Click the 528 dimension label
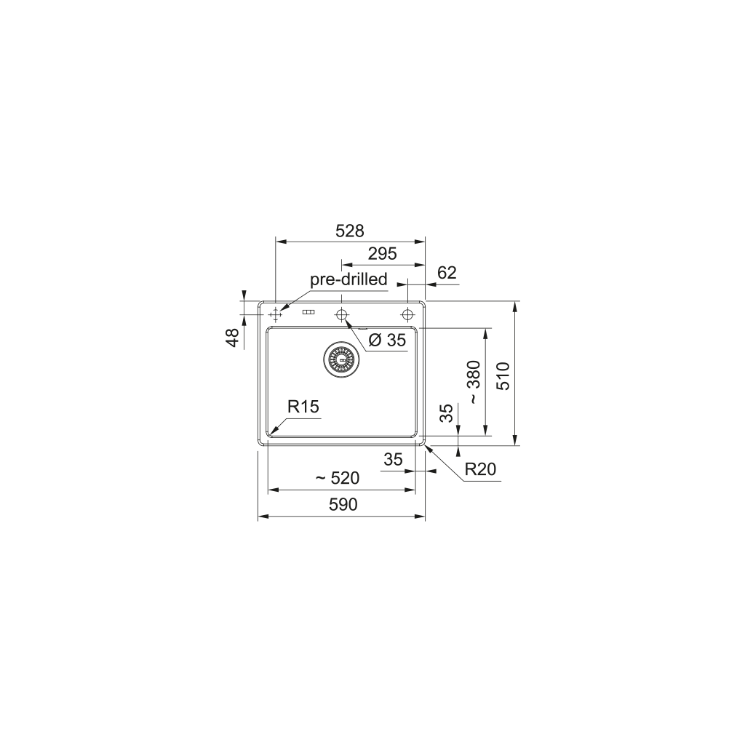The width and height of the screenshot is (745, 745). (350, 231)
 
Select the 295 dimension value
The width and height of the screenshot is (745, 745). (382, 254)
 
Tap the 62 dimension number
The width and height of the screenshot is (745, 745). (447, 273)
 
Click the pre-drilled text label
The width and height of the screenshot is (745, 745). (348, 279)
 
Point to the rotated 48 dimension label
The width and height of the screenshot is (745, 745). (233, 338)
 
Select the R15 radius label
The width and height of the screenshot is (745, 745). (303, 407)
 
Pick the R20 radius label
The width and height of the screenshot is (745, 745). (480, 469)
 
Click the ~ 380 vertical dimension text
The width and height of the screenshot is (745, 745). (474, 383)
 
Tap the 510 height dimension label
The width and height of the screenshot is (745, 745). (503, 375)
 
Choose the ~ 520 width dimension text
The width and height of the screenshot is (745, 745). (338, 478)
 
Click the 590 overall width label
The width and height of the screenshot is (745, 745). (343, 504)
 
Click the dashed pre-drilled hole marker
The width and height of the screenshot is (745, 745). (275, 314)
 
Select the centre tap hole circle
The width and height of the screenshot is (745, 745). (341, 314)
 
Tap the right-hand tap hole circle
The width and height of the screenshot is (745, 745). (407, 314)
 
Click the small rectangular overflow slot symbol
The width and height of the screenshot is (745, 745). (308, 313)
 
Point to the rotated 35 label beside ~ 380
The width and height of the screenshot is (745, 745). (448, 413)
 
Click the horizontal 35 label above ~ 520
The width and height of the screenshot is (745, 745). (393, 459)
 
